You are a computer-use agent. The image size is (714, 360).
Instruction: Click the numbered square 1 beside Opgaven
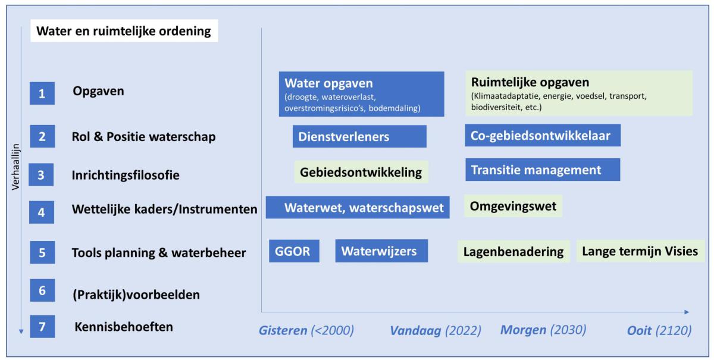pos(42,93)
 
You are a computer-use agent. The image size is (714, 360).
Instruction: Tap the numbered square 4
pos(42,212)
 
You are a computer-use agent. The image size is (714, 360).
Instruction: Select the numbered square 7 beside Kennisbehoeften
pos(42,327)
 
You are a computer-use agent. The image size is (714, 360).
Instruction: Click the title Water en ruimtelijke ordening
pos(124,31)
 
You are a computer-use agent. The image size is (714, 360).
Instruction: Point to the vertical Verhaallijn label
pos(15,167)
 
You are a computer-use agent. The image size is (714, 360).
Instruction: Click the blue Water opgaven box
pos(362,94)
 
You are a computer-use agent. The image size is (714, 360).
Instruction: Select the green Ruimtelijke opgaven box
pos(578,93)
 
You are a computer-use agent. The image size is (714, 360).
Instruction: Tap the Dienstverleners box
pos(359,136)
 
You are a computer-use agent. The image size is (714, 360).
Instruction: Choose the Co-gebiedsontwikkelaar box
pos(543,136)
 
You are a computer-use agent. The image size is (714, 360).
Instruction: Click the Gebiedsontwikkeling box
pos(361,172)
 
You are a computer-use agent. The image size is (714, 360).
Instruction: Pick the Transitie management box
pos(543,170)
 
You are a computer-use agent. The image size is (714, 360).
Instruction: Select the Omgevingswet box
pos(513,206)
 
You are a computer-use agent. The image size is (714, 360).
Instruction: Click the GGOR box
pos(294,251)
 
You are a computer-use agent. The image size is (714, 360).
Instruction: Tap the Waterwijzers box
pos(381,251)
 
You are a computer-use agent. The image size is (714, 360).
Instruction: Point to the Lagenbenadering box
pos(514,251)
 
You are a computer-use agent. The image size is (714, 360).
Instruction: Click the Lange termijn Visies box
pos(640,251)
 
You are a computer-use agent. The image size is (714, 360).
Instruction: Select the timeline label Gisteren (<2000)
pos(306,330)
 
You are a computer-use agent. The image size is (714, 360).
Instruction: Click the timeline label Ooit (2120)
pos(659,330)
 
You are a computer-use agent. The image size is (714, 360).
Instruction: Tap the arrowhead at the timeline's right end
pos(687,312)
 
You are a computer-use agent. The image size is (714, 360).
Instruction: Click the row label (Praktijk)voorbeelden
pos(136,295)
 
